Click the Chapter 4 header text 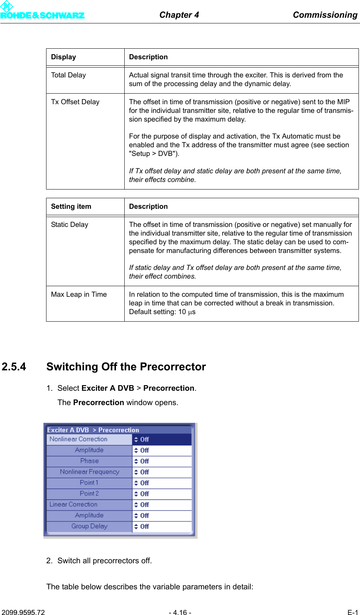179,15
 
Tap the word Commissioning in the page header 325,15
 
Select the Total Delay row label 68,75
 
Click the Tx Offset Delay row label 75,102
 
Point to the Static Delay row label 70,225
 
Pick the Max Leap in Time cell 79,294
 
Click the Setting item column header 71,207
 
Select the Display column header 63,57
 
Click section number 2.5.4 14,367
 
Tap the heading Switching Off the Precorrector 126,367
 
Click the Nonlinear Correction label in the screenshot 79,439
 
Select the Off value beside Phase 144,461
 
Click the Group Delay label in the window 90,526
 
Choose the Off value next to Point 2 144,494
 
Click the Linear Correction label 73,504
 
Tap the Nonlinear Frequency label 90,472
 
